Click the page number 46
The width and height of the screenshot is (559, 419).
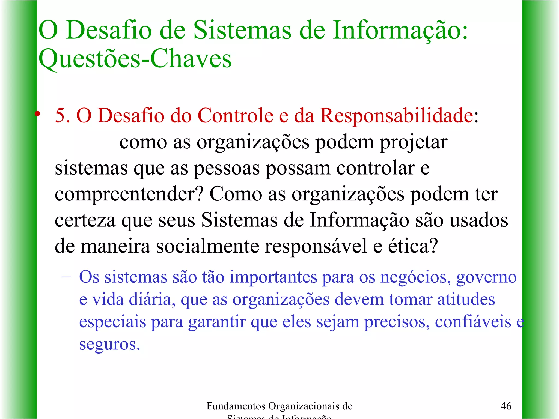point(506,406)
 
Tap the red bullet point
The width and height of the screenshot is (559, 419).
point(38,114)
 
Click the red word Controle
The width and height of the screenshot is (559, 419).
point(235,116)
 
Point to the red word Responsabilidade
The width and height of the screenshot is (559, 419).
point(397,116)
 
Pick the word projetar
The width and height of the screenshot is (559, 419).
point(414,142)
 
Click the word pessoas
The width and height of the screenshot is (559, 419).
point(227,168)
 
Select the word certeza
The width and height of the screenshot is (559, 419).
point(85,220)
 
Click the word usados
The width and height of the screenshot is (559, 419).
point(478,220)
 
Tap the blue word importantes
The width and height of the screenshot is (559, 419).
point(273,277)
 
